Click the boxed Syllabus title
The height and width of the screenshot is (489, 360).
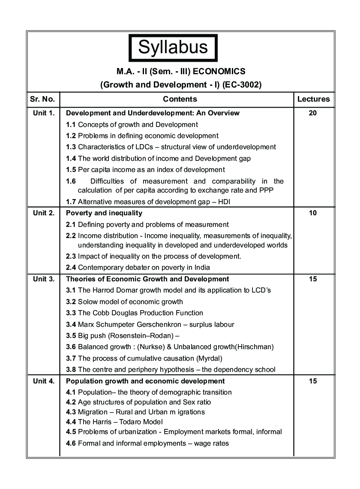173,47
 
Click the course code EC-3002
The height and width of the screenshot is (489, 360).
243,85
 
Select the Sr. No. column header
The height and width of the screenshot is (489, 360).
42,99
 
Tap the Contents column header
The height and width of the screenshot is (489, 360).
180,99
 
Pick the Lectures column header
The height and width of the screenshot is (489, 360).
313,99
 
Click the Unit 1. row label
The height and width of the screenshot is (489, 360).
44,113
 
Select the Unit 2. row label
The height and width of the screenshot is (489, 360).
44,213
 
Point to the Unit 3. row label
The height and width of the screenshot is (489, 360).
44,279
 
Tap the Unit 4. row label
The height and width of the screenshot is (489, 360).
44,381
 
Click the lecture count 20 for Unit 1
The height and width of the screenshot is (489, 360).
313,113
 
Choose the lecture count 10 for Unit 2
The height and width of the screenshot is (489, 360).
313,213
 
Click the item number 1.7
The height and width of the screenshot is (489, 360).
71,202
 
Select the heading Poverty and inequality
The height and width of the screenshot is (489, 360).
104,213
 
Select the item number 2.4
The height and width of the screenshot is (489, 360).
71,268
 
